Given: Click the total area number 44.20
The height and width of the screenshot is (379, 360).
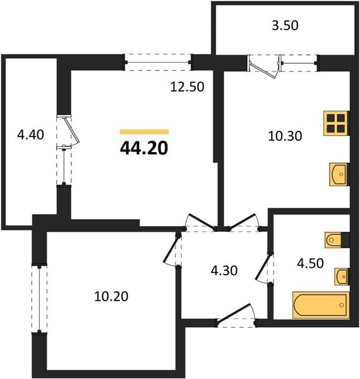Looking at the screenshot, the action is coord(144,148).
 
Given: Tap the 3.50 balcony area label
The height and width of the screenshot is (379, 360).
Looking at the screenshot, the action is coord(285,26).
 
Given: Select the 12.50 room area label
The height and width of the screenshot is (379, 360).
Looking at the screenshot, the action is coord(187,87).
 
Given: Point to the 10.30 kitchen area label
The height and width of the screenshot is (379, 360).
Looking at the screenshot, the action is coord(285,136).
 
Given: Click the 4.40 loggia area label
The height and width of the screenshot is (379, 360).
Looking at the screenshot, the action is coord(31,135).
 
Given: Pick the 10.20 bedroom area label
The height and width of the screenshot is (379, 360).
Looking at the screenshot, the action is coord(111,296).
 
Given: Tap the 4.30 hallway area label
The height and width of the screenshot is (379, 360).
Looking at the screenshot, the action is coord(224,270).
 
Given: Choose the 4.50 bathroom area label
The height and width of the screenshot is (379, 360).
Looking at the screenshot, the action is coord(310,263).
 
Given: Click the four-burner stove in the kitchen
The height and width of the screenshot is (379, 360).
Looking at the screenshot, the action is coord(337,123).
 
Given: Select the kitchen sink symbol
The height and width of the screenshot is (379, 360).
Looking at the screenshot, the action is coord(339,174).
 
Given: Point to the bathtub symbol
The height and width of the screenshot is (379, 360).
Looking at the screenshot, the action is coord(321,305).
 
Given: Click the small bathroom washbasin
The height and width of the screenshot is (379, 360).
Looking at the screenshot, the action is coord(342,276).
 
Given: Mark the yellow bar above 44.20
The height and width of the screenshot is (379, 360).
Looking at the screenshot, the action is coord(145,132).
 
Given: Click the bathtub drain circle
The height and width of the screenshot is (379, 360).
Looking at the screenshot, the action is coord(342,305).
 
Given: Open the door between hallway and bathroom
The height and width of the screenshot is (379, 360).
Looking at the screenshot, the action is coord(264,268).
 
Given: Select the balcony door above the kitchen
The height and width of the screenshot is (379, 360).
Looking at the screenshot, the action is coord(264,66).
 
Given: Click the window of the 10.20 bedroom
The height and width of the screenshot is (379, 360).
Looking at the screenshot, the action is coord(39,299).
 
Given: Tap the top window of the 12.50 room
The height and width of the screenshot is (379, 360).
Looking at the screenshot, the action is coord(158,62).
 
